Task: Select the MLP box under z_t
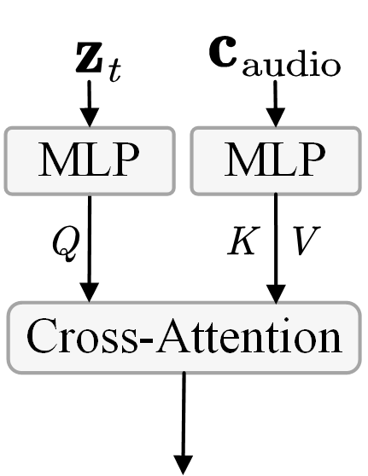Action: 90,159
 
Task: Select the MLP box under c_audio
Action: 274,159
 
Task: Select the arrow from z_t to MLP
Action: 90,107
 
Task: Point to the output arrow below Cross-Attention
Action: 183,418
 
